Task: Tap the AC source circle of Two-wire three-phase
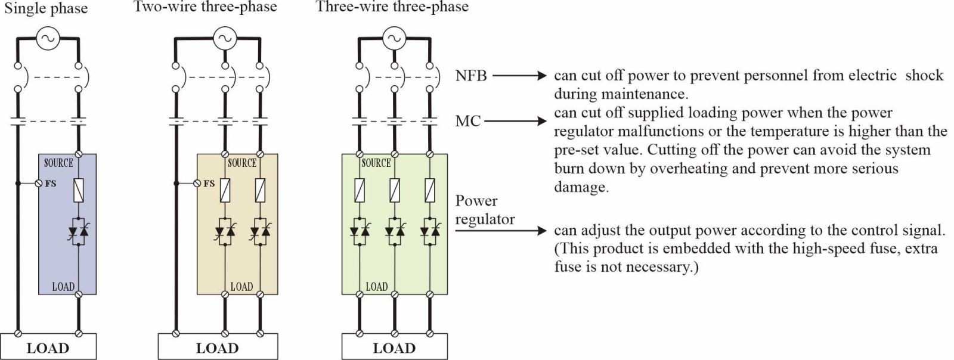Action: tap(224, 39)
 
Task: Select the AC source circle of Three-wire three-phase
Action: tap(393, 39)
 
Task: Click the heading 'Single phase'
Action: tap(46, 8)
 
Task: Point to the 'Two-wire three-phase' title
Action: tap(205, 7)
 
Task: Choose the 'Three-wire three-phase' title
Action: tap(392, 7)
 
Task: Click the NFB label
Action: tap(471, 76)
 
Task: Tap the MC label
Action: tap(467, 121)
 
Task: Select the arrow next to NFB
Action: tap(519, 76)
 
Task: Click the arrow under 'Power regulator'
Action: tap(501, 231)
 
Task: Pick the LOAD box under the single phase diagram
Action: tap(48, 347)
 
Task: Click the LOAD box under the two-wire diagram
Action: tap(217, 347)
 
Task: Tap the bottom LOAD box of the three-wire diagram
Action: tap(394, 347)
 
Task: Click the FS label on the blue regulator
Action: tap(51, 184)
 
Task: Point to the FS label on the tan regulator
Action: tap(209, 184)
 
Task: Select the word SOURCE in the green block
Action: tap(376, 163)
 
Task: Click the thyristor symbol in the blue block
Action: tap(78, 231)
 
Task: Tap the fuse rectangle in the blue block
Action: tap(78, 190)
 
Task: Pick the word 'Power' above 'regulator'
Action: tap(476, 201)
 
